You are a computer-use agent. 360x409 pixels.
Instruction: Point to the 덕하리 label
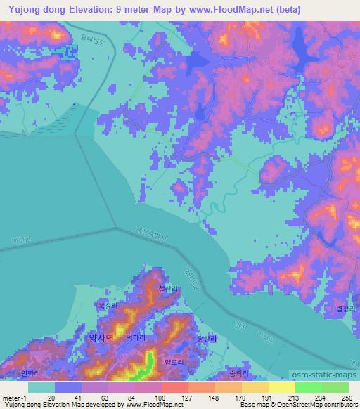(x=136, y=337)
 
